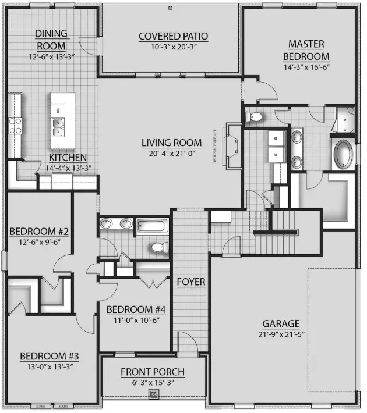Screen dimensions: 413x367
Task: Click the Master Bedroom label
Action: (x=306, y=50)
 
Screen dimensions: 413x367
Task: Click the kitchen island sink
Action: (x=57, y=127)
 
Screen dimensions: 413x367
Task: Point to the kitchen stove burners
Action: (x=15, y=126)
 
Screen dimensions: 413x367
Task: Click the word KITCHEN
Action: (x=68, y=158)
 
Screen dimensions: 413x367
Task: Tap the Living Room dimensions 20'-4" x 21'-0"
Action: (x=172, y=154)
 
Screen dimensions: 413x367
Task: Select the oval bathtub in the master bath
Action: (x=343, y=154)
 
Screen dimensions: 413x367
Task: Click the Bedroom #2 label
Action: (x=39, y=232)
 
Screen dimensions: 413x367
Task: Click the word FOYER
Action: (x=190, y=282)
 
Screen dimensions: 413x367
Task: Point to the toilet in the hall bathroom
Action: (x=157, y=248)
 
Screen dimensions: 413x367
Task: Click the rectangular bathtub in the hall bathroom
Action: (x=153, y=225)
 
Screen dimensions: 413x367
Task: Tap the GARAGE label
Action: (x=281, y=324)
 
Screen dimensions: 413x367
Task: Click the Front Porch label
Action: (x=153, y=372)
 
